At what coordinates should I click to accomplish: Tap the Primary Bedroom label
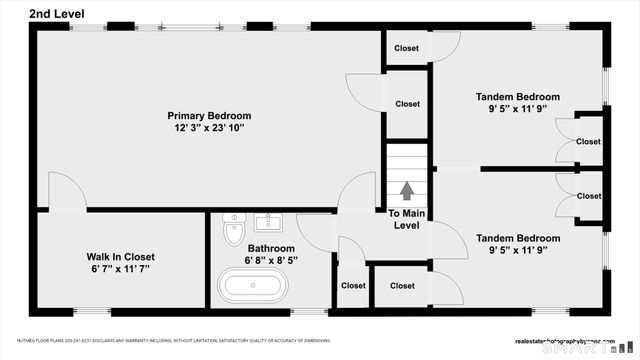209,116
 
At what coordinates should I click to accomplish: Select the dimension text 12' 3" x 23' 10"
209,129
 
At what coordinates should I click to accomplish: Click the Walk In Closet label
120,256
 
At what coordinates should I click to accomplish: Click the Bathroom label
271,248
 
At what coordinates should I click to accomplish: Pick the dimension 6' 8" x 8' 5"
271,260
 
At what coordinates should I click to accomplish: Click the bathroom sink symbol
267,221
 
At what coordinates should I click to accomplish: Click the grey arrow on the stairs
407,190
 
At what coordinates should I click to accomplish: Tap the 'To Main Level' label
407,219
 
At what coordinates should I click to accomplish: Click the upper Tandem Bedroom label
517,97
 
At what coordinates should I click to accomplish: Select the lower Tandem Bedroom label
517,238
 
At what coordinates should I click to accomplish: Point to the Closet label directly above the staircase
407,103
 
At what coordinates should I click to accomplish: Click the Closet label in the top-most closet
406,48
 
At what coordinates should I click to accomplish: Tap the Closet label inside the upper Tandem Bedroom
588,142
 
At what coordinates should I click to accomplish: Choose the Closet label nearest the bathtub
353,286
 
